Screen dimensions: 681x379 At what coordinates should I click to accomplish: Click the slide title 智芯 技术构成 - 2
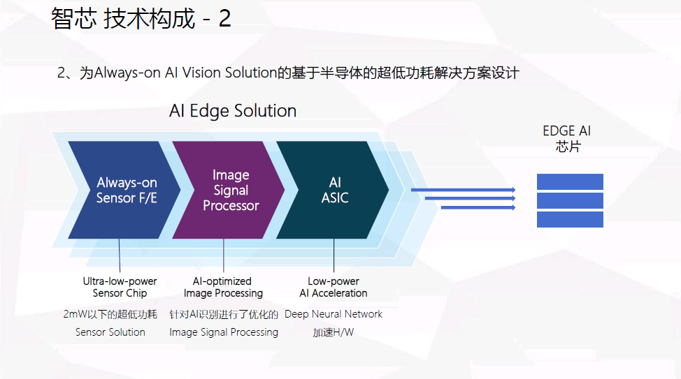pos(141,19)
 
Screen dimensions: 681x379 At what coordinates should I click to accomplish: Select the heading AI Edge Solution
pos(233,111)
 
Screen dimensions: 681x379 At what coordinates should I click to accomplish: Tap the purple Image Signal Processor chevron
pos(231,190)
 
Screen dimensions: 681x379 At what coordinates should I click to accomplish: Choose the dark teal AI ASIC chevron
pos(335,190)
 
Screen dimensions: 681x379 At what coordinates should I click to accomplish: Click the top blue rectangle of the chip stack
pos(570,181)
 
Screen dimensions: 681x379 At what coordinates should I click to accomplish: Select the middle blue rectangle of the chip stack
pos(570,200)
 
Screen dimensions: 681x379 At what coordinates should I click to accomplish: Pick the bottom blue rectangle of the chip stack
pos(570,219)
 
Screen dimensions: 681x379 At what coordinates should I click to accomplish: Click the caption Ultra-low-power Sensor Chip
pos(120,287)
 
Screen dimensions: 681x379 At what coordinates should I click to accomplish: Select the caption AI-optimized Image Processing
pos(223,287)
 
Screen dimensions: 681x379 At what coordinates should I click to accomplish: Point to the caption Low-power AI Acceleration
pos(334,287)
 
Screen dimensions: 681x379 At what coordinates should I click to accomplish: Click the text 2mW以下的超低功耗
pos(110,314)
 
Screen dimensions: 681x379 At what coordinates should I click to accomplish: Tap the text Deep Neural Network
pos(334,314)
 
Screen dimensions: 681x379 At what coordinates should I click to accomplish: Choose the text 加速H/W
pos(334,332)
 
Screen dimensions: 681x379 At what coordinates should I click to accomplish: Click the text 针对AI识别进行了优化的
pos(224,314)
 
